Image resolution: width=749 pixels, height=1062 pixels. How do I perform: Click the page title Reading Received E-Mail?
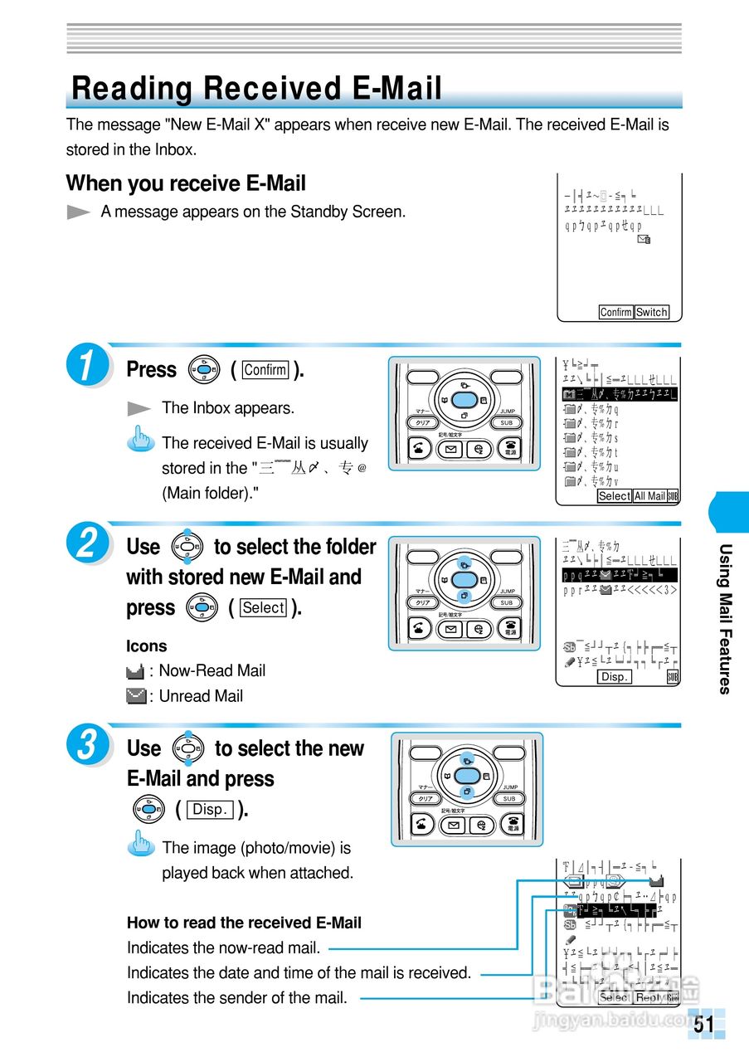[x=257, y=89]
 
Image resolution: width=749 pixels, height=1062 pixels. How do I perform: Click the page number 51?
[x=704, y=1025]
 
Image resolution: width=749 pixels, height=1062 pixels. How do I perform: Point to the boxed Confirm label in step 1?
[x=265, y=370]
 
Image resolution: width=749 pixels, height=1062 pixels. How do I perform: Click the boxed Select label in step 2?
[x=263, y=607]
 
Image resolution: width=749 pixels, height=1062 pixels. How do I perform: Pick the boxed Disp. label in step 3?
[x=211, y=809]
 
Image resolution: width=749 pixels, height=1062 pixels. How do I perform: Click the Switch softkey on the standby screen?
[x=651, y=312]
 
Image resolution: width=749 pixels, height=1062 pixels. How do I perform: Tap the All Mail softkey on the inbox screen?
[x=649, y=496]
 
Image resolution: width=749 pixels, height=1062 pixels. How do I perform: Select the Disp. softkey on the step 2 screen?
[x=615, y=677]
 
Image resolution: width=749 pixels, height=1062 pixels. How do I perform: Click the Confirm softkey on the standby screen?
[x=615, y=312]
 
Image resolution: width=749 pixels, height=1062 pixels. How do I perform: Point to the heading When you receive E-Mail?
[x=186, y=183]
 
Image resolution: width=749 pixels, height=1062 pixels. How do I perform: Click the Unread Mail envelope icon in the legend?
[x=137, y=695]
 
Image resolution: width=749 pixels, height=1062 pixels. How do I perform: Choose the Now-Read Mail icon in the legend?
[x=137, y=670]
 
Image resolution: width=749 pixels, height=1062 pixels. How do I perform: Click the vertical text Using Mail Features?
[x=725, y=618]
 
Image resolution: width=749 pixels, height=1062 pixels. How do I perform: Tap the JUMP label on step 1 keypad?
[x=508, y=412]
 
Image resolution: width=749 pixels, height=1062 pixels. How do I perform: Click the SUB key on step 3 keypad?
[x=508, y=798]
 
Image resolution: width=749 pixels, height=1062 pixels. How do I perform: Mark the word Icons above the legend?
[x=146, y=645]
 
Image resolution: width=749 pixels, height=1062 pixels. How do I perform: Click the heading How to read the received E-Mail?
[x=244, y=923]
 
